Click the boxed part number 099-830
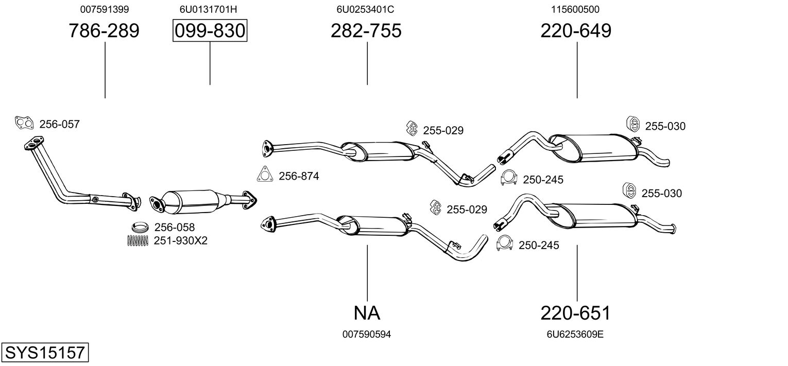(x=210, y=30)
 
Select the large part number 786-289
(x=104, y=30)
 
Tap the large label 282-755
(x=366, y=30)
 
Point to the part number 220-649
(x=576, y=30)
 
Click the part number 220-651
(x=575, y=313)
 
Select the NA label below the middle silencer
(x=367, y=313)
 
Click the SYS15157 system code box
(x=45, y=352)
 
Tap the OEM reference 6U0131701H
(x=208, y=9)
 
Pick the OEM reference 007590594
(x=367, y=335)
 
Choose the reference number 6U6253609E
(x=575, y=335)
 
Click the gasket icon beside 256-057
(x=24, y=123)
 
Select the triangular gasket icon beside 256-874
(x=265, y=174)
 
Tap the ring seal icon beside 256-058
(x=140, y=227)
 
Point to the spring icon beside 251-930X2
(x=138, y=240)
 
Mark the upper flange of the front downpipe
(x=34, y=144)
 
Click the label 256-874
(x=299, y=176)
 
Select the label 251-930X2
(x=180, y=240)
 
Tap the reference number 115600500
(x=575, y=9)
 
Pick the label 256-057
(x=59, y=124)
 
